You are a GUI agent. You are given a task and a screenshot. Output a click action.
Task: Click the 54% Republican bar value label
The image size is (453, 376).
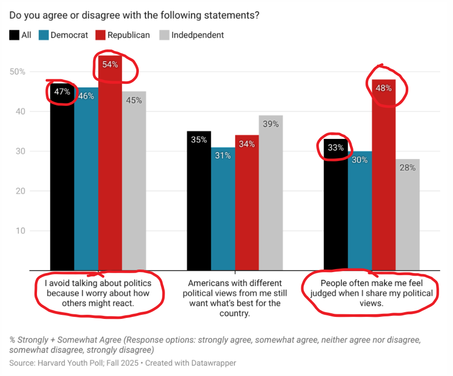pyautogui.click(x=110, y=64)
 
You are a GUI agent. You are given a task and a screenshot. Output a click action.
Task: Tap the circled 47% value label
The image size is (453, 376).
pyautogui.click(x=62, y=92)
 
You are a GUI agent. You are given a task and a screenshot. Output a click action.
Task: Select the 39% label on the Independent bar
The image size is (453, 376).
pyautogui.click(x=270, y=124)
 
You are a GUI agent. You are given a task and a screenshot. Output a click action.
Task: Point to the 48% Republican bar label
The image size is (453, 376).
pyautogui.click(x=383, y=88)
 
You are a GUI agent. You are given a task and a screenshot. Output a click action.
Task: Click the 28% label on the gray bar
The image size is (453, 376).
pyautogui.click(x=407, y=167)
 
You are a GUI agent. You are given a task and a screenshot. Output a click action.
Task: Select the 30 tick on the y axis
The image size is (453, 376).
pyautogui.click(x=21, y=151)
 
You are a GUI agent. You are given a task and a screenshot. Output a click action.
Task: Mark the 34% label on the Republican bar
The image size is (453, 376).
pyautogui.click(x=247, y=144)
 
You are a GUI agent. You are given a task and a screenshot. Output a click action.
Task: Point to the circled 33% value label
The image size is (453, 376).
pyautogui.click(x=335, y=148)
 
